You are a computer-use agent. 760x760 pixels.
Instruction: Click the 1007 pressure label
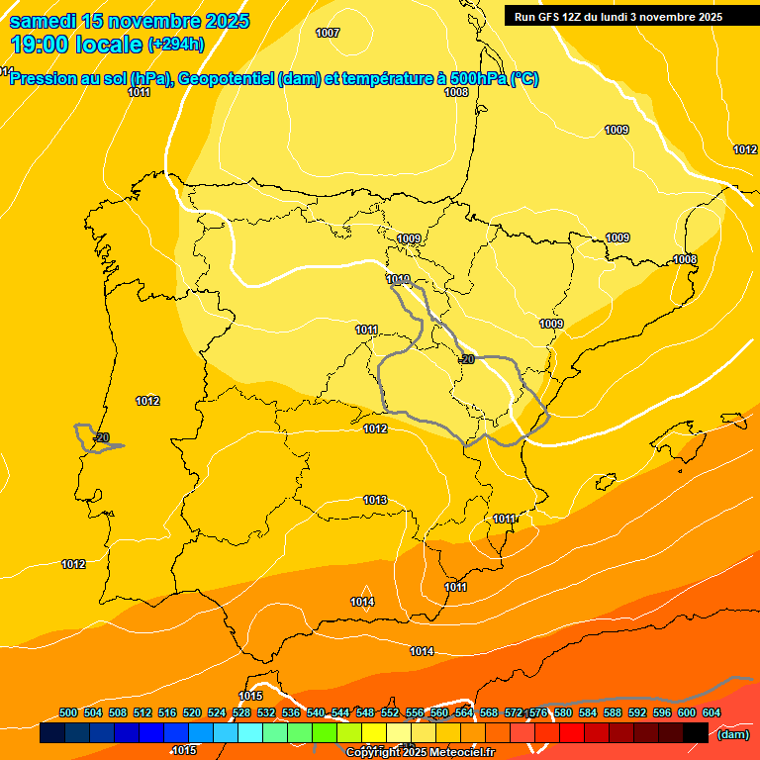click(328, 33)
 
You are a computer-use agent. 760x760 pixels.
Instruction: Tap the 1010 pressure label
click(399, 280)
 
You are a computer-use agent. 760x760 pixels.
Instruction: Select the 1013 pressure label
click(375, 500)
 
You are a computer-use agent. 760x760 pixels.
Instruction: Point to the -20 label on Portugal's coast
click(101, 437)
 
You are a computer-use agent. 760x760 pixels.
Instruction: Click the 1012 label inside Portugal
click(148, 401)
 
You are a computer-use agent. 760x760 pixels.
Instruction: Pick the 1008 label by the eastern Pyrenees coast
click(685, 259)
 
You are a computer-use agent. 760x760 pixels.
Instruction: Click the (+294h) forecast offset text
click(176, 44)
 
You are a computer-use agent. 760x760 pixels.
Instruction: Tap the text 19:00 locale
click(76, 44)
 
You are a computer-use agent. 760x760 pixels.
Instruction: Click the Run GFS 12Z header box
click(618, 17)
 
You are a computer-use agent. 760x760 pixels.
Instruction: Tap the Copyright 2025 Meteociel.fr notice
click(419, 752)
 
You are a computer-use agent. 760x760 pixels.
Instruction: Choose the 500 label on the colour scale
click(68, 712)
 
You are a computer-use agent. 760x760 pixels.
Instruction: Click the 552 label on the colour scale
click(390, 712)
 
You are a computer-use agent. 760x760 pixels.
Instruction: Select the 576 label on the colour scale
click(538, 712)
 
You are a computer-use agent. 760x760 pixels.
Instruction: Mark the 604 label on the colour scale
click(712, 712)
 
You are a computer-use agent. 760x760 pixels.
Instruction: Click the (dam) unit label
click(732, 733)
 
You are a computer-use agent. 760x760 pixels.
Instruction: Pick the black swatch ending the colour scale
click(696, 732)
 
